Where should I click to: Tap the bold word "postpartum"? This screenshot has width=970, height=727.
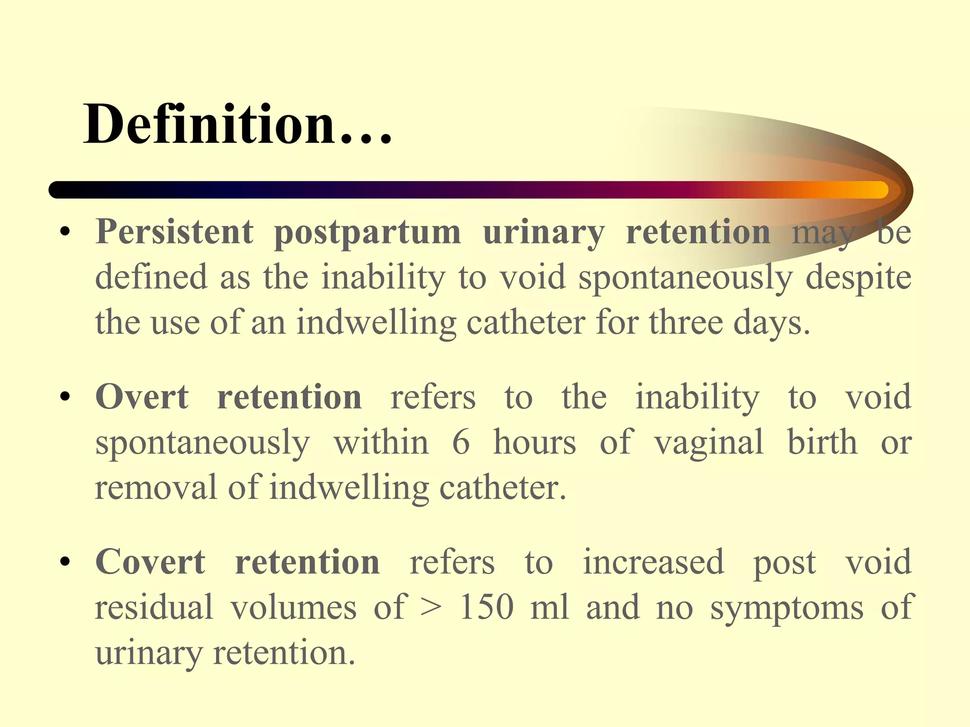click(x=367, y=233)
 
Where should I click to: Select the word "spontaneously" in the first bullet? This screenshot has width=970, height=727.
click(x=685, y=278)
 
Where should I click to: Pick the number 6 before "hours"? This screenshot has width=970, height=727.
click(x=461, y=442)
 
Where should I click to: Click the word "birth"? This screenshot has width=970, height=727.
click(x=822, y=441)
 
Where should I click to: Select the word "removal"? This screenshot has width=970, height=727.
click(x=156, y=487)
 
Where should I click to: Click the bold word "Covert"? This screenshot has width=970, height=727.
click(x=150, y=562)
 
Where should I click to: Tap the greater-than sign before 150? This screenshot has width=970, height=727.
click(x=431, y=607)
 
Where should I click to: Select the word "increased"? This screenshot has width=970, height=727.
click(x=653, y=562)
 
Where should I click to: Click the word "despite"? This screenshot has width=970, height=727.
click(x=858, y=278)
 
